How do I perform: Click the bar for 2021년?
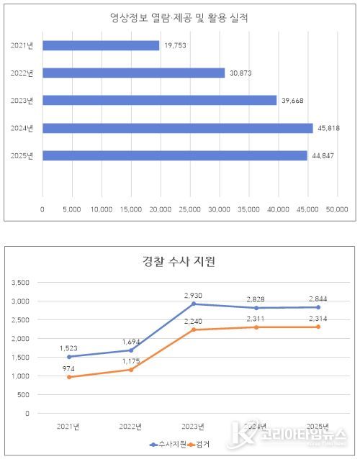coord(101,45)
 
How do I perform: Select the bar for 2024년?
coord(178,128)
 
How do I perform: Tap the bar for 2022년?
coord(133,73)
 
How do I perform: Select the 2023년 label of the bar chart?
coord(23,101)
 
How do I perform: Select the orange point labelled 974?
coord(70,377)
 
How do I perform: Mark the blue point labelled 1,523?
coord(70,356)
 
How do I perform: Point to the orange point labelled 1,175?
coord(132,370)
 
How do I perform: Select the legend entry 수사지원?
coord(170,445)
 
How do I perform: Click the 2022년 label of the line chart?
coord(132,427)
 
